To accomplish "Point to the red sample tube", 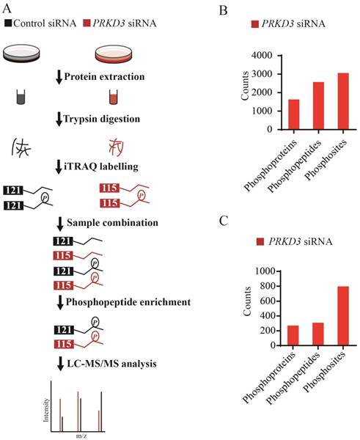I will (113, 96).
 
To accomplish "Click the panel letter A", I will (7, 9).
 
